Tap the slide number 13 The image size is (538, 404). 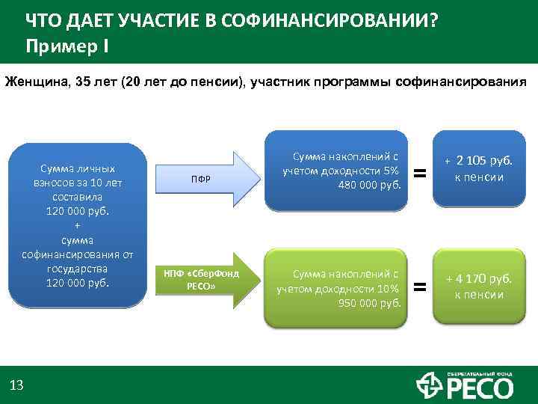tap(16, 385)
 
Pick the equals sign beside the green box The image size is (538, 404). tap(421, 286)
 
